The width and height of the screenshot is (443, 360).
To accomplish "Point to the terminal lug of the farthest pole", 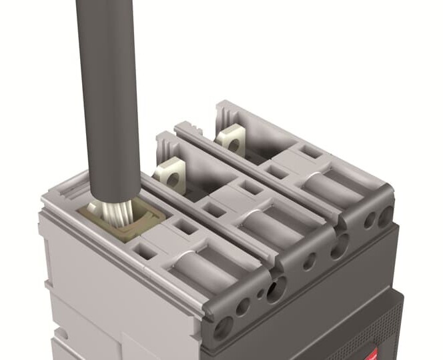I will coord(230,140).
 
